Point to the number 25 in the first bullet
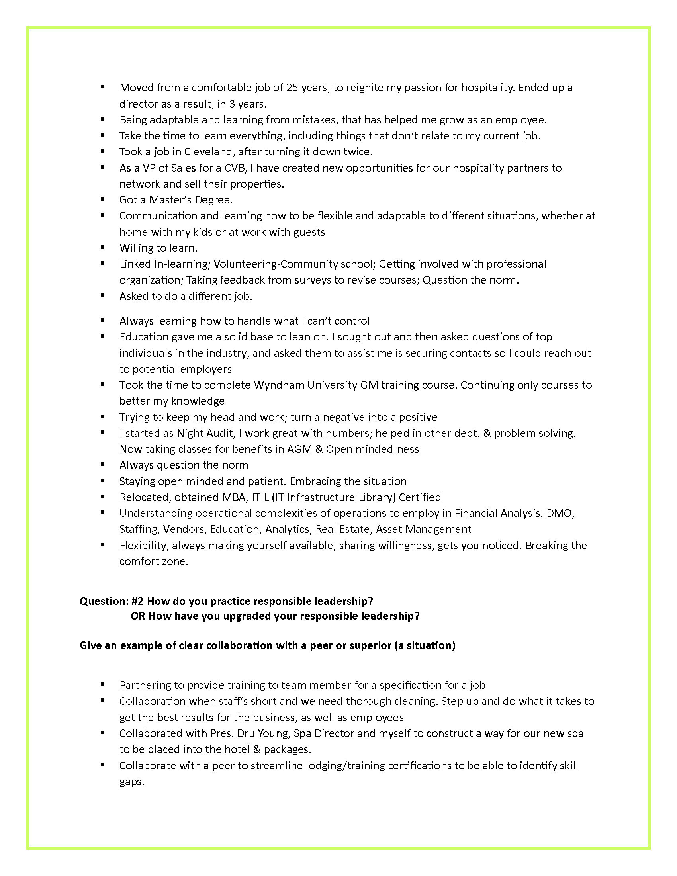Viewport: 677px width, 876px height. (292, 88)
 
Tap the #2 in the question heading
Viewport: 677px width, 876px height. (137, 601)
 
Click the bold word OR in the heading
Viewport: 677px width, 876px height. (137, 616)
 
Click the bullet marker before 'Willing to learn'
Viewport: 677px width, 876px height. (103, 248)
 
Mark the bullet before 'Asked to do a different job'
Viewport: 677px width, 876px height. (103, 295)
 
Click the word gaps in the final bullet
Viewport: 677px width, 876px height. (131, 782)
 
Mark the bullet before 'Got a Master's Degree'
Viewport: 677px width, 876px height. (103, 199)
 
